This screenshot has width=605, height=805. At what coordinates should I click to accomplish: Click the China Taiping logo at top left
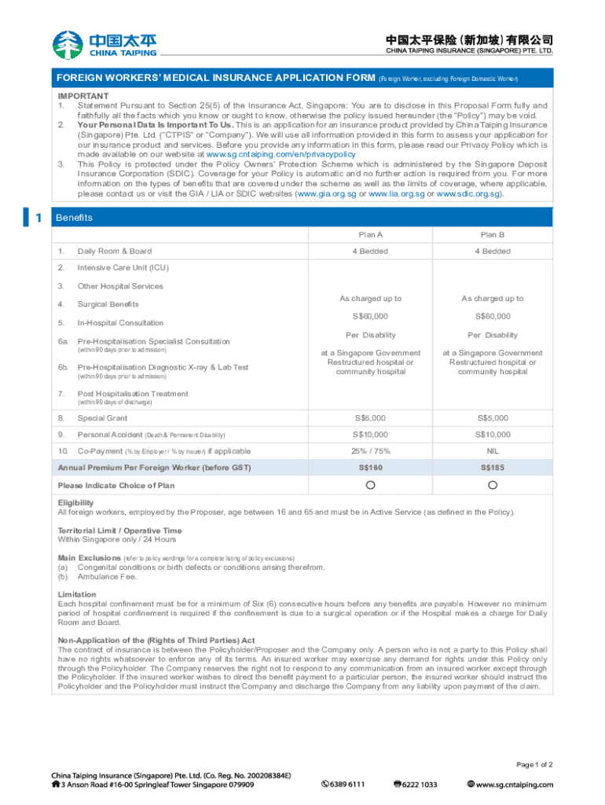pyautogui.click(x=104, y=44)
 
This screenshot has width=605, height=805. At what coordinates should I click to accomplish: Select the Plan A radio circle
pyautogui.click(x=370, y=485)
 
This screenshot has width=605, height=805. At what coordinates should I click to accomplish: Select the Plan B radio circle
pyautogui.click(x=493, y=485)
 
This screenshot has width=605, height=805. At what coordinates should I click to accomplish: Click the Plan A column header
pyautogui.click(x=370, y=234)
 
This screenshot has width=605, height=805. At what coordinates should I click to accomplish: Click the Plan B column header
pyautogui.click(x=493, y=234)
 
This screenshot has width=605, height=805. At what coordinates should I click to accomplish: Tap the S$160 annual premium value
pyautogui.click(x=370, y=468)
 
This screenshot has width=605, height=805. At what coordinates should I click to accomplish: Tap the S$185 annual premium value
pyautogui.click(x=493, y=468)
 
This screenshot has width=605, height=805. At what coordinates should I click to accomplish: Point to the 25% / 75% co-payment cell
pyautogui.click(x=370, y=451)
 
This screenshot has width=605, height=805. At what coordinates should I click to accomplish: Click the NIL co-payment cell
pyautogui.click(x=493, y=451)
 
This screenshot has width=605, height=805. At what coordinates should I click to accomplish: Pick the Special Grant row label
pyautogui.click(x=102, y=418)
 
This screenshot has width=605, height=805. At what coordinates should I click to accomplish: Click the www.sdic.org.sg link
pyautogui.click(x=468, y=193)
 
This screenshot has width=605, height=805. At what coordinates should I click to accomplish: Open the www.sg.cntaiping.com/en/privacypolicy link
pyautogui.click(x=280, y=155)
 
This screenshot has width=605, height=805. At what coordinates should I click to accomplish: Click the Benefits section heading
pyautogui.click(x=75, y=217)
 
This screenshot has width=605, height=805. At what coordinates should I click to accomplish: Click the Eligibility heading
pyautogui.click(x=75, y=503)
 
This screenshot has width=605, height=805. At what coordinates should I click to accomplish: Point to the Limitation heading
pyautogui.click(x=77, y=594)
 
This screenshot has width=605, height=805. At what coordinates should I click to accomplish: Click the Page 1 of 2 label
pyautogui.click(x=534, y=764)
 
